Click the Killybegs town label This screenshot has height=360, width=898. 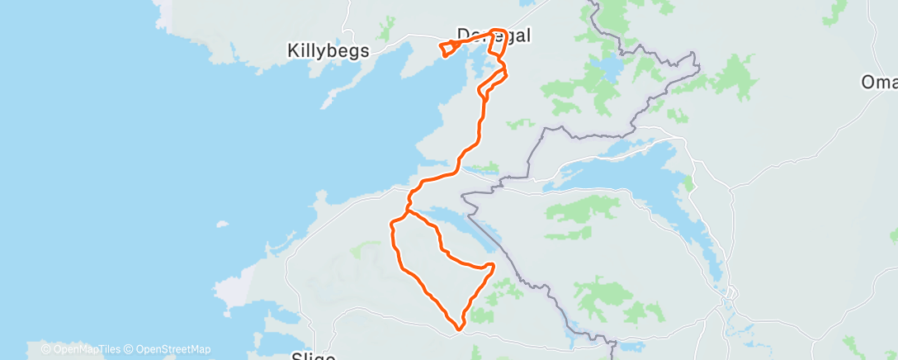[328, 50]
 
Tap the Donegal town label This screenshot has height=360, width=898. [493, 36]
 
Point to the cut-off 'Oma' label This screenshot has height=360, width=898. [879, 83]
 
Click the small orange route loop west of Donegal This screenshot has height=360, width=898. [447, 49]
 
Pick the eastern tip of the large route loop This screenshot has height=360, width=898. [493, 265]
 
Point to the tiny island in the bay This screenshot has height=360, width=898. [221, 224]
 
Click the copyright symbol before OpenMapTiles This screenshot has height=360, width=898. [45, 349]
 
